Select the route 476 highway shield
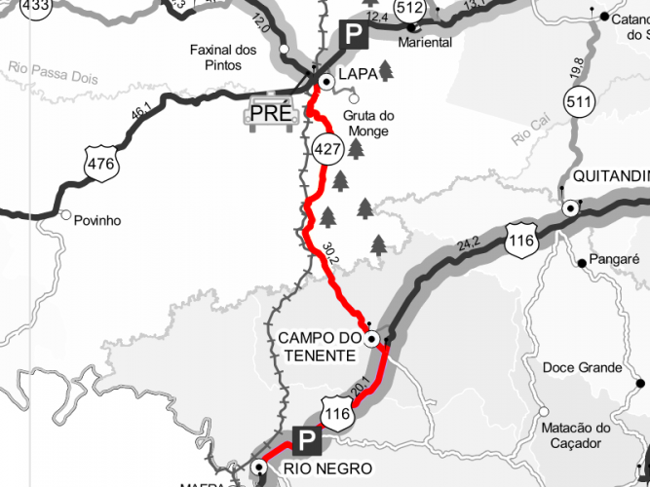tap(101, 165)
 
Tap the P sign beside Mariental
tap(352, 35)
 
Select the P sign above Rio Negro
tap(306, 441)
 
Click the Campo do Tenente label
tap(318, 347)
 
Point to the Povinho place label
tap(97, 220)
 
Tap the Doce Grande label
tap(582, 367)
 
